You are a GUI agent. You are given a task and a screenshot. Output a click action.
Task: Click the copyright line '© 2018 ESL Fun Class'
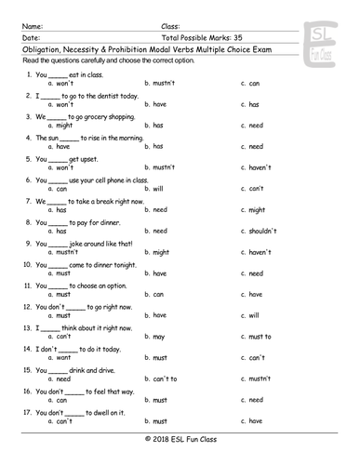tap(180, 439)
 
